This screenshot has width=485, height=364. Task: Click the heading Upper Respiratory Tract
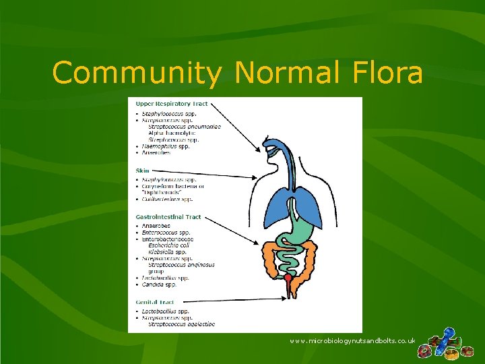click(x=171, y=104)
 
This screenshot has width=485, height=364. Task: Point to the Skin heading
click(x=142, y=171)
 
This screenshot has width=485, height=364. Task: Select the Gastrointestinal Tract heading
click(x=168, y=217)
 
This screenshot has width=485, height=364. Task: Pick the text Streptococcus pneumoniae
click(x=185, y=126)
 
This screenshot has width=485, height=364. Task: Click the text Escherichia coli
click(x=172, y=245)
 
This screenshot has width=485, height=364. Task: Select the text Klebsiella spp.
click(x=168, y=251)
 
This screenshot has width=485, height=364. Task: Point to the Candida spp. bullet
click(x=159, y=284)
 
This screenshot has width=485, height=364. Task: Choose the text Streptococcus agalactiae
click(x=181, y=324)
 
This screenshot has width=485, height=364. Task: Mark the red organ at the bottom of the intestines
click(x=288, y=278)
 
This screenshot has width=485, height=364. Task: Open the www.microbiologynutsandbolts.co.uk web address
click(x=352, y=342)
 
